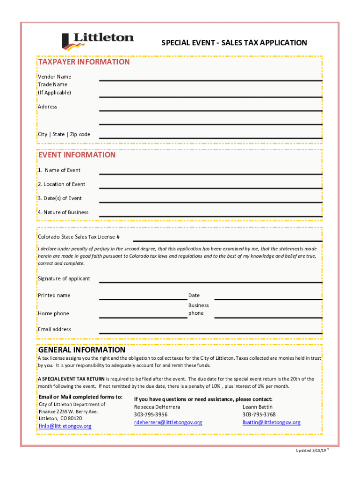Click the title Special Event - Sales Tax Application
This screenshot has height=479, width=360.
coord(234,43)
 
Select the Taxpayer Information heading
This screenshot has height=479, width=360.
coord(84,62)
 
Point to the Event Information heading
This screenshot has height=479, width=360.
coord(77,155)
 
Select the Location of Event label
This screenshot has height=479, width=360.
coord(61,184)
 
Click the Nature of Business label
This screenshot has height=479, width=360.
coord(63,212)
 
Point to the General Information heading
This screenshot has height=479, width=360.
coord(81,350)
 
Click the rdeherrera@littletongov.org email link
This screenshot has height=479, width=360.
coord(168,422)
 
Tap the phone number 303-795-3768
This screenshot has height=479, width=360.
coord(259,414)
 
